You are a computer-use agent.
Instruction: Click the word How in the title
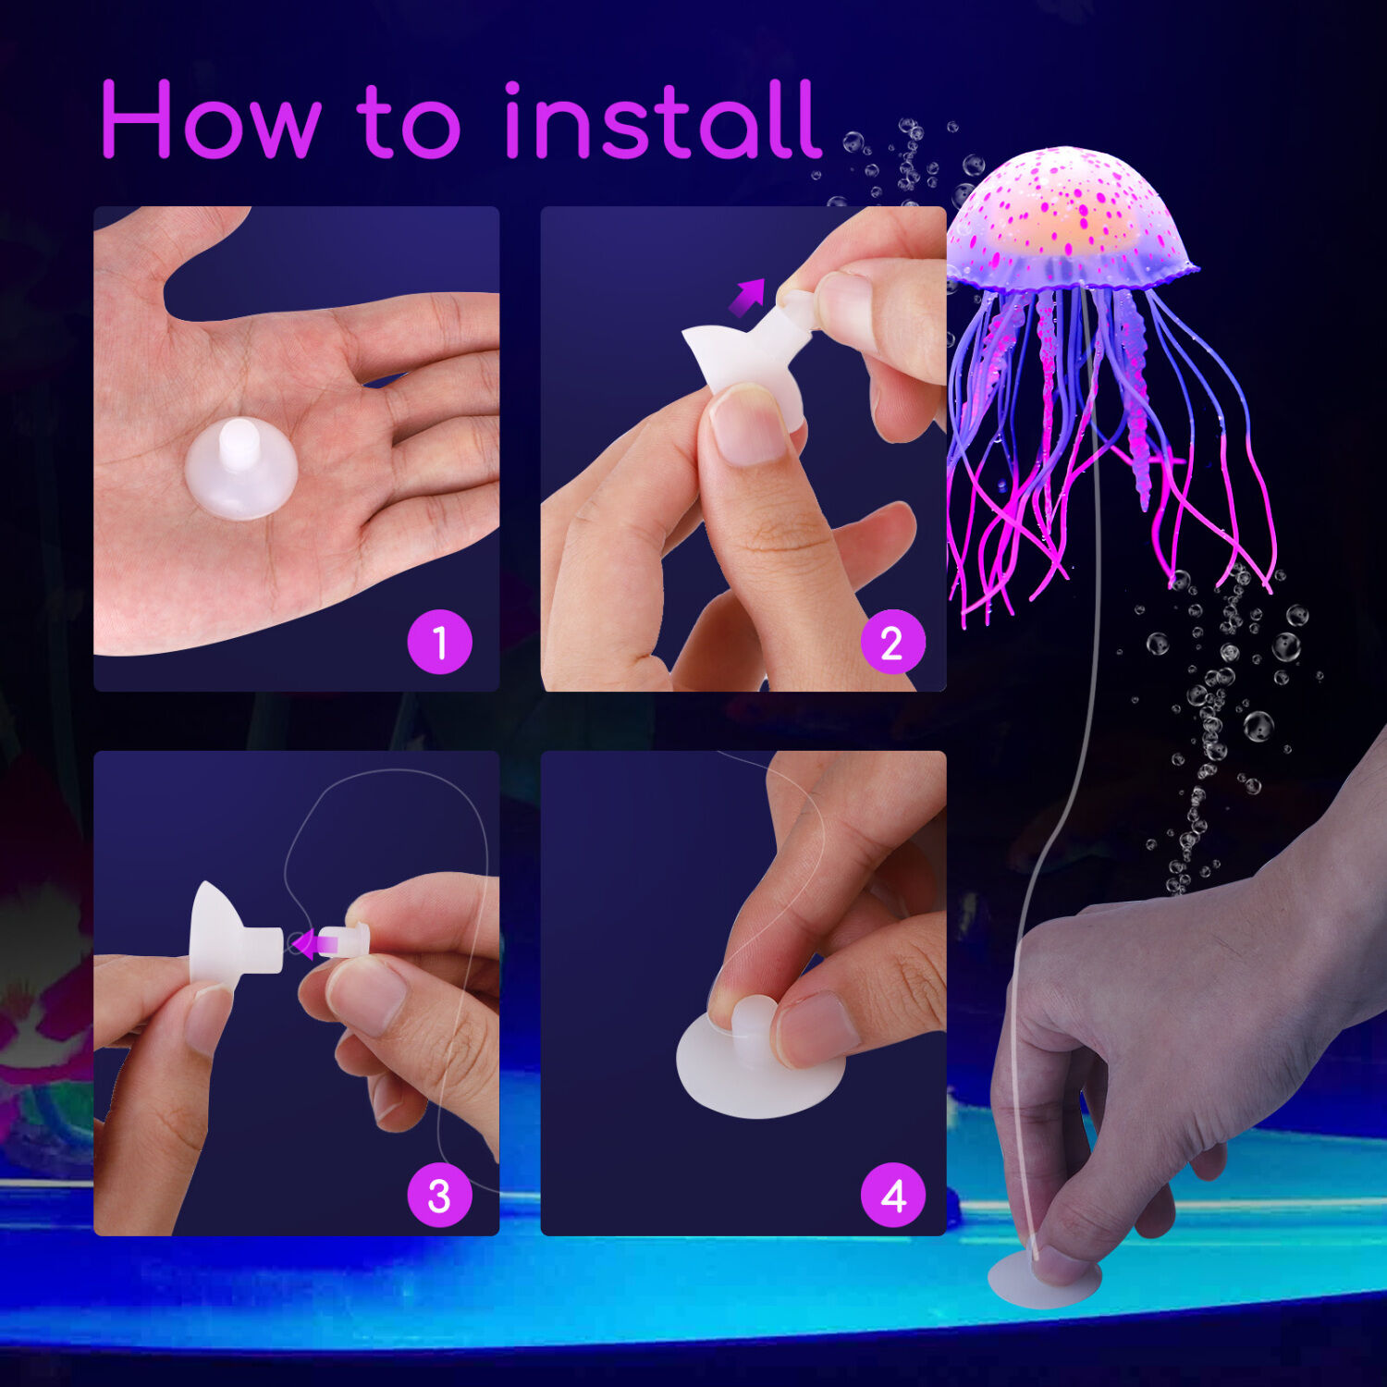[211, 120]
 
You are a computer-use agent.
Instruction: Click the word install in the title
[662, 120]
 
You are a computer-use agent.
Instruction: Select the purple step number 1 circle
[439, 642]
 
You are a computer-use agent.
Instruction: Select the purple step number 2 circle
[891, 642]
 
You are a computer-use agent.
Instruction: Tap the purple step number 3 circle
[439, 1196]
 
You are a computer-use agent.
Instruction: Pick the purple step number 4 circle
[891, 1196]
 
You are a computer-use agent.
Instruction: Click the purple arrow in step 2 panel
[747, 297]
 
